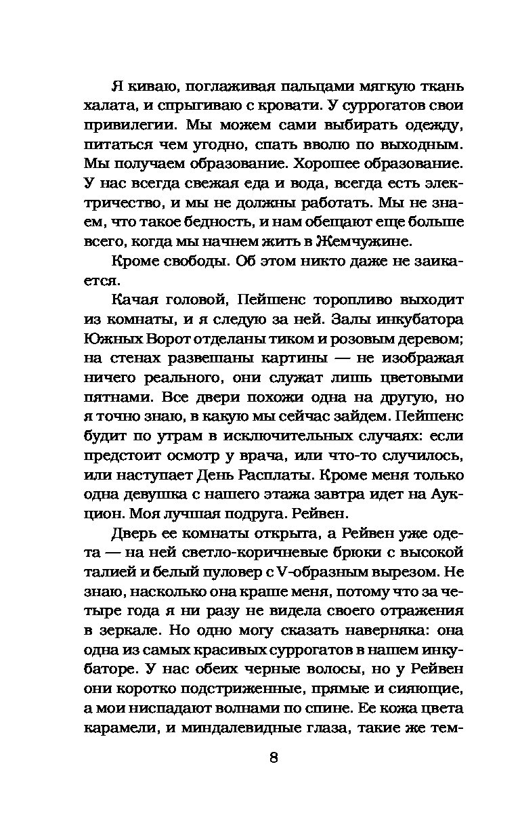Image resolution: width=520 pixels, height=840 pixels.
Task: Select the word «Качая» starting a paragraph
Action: pos(135,300)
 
